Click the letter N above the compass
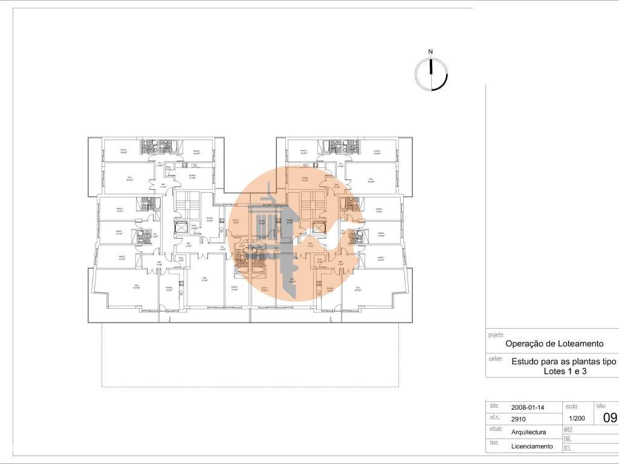click(x=430, y=52)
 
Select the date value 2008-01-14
click(x=527, y=407)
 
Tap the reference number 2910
click(x=519, y=418)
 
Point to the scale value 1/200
click(x=578, y=418)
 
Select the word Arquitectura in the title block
click(x=529, y=432)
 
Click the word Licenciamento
click(x=532, y=446)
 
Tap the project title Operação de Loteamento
click(x=554, y=343)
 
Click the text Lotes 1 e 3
click(x=565, y=372)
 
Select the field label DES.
click(x=568, y=449)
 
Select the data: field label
click(x=494, y=406)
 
